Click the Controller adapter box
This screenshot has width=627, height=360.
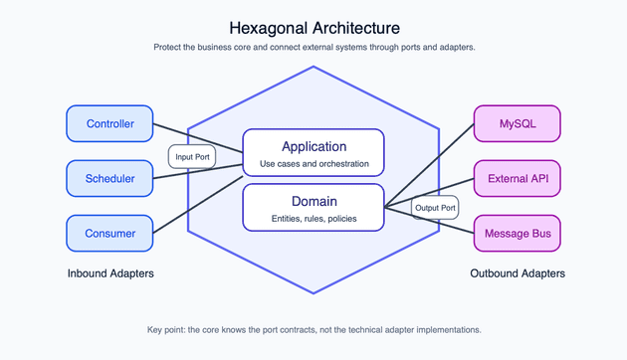coord(109,124)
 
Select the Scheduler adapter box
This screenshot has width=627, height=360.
coord(109,179)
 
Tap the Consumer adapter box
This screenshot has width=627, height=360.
coord(109,234)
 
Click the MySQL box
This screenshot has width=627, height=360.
coord(517,124)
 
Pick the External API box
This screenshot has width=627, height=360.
coord(517,179)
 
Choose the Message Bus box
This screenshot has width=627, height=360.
coord(517,234)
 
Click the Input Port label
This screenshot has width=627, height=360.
coord(192,157)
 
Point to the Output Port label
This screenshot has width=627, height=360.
coord(435,208)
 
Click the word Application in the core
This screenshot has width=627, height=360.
coord(313,146)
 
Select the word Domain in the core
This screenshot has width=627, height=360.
coord(313,201)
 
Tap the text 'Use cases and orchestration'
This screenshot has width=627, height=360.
coord(313,164)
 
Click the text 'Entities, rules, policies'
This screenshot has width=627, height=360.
coord(313,219)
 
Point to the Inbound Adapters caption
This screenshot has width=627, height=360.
coord(110,273)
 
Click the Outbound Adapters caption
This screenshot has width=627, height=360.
coord(517,273)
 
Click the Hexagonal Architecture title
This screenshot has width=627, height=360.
coord(313,28)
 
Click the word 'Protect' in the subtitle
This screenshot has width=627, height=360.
coord(170,48)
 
